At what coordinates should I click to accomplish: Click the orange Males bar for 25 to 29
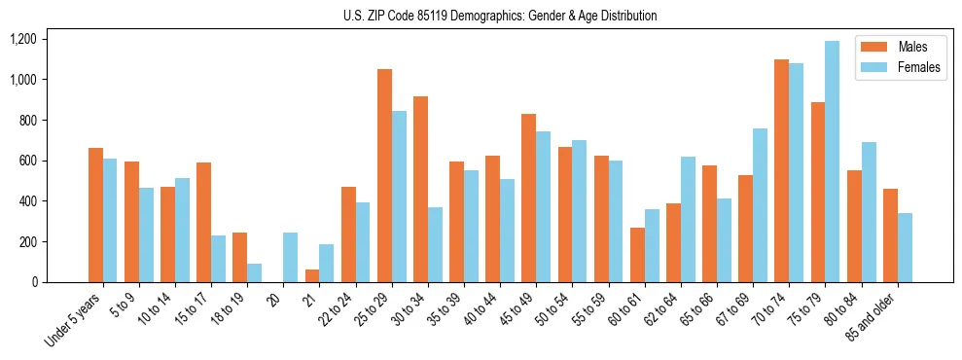click(x=384, y=175)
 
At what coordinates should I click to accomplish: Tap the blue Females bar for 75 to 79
click(x=832, y=162)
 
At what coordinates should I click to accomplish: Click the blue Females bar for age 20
click(x=290, y=258)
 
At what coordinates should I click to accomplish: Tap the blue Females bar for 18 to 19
click(x=254, y=272)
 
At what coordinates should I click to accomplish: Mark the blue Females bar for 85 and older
click(x=905, y=247)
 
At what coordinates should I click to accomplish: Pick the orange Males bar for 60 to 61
click(x=637, y=255)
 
